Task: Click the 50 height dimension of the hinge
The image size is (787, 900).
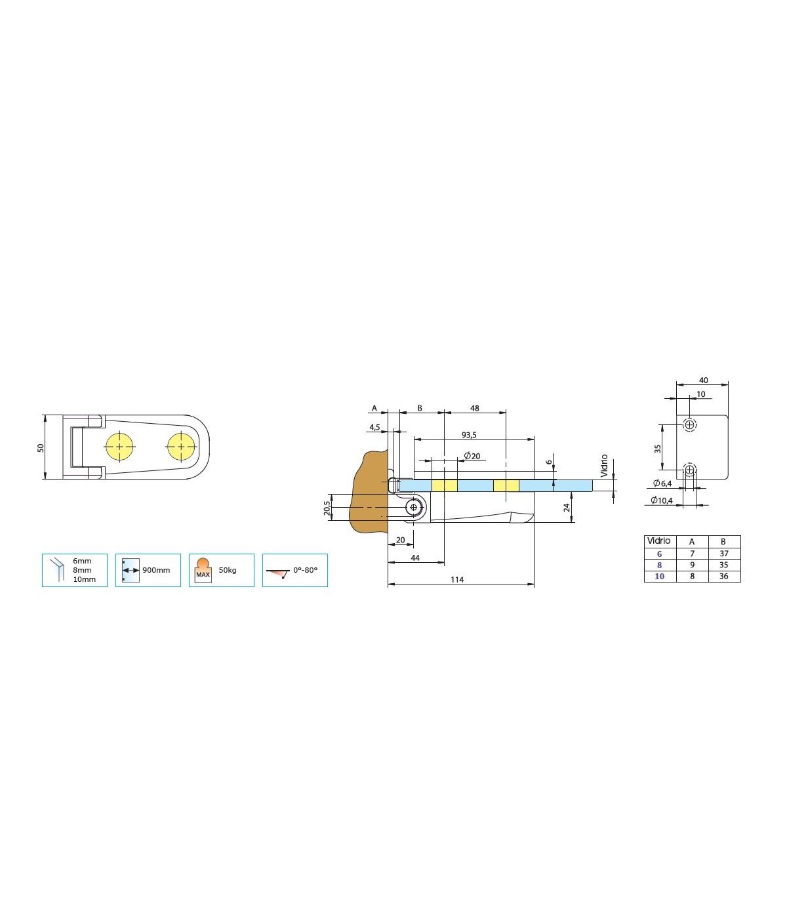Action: tap(41, 448)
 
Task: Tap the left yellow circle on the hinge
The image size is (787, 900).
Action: tap(119, 447)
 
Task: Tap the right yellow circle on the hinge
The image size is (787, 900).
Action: tap(181, 447)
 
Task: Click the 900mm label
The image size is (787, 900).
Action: tap(156, 570)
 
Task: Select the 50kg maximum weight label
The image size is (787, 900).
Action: tap(228, 570)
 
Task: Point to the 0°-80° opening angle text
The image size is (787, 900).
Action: tap(305, 570)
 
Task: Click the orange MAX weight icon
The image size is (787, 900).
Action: tap(203, 570)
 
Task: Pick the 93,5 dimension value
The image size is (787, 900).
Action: tap(469, 435)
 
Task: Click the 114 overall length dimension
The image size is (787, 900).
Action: tap(457, 580)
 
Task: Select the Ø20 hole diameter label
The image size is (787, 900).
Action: tap(472, 456)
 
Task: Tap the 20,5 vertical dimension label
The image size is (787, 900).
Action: tap(327, 508)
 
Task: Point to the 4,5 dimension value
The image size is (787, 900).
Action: tap(374, 427)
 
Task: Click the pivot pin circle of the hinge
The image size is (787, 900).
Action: tap(413, 508)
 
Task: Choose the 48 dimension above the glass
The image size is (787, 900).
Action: tap(474, 408)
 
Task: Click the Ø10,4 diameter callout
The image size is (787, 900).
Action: tap(662, 500)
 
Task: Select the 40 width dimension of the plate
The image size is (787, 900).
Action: tap(704, 380)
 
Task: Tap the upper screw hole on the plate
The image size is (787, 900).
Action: tap(690, 425)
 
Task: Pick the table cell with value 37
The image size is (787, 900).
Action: tap(724, 554)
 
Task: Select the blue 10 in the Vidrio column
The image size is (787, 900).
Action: tap(660, 576)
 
